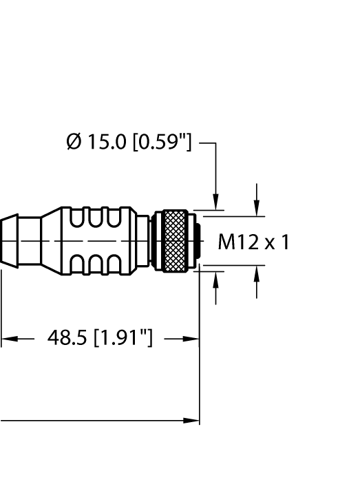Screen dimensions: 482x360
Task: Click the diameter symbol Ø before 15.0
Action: [x=72, y=143]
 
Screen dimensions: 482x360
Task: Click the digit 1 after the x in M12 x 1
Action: [x=284, y=242]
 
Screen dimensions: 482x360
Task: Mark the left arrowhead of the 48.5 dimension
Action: [x=7, y=339]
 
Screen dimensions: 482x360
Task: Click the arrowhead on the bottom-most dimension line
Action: [x=192, y=420]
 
